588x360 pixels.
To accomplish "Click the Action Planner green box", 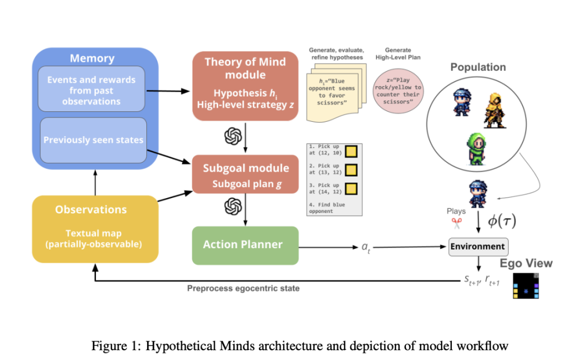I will (x=245, y=245).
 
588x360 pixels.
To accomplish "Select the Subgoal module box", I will (x=245, y=175).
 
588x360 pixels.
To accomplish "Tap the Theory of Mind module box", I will (x=245, y=86).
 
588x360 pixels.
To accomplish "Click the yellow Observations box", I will (x=95, y=229).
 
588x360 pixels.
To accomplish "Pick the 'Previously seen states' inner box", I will (x=92, y=140).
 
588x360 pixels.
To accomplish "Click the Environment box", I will (x=478, y=247).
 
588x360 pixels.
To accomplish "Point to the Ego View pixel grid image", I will (x=527, y=285).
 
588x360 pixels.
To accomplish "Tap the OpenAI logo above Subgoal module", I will (x=232, y=136).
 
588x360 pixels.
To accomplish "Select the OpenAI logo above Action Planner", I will (x=232, y=206).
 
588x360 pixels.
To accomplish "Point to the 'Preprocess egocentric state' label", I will (x=243, y=288).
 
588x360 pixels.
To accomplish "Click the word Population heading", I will (x=478, y=67).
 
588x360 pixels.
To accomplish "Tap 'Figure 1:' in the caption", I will (x=113, y=346).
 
